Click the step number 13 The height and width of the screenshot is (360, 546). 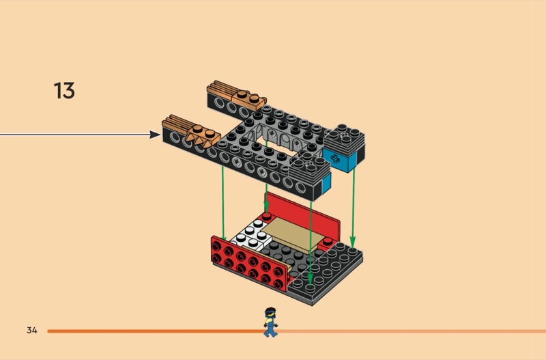click(x=64, y=91)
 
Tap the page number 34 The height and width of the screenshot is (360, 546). click(x=32, y=331)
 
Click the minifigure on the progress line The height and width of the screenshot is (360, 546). click(x=270, y=322)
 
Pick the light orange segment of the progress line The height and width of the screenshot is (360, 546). click(x=409, y=331)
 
